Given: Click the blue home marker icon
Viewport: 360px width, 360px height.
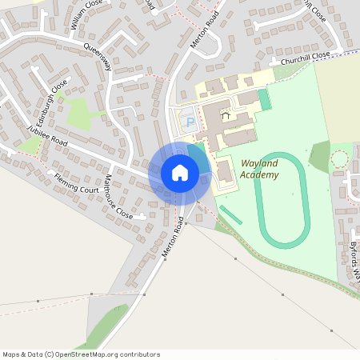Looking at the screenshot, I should (x=179, y=172).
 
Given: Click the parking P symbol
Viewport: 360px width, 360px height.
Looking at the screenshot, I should (x=190, y=122).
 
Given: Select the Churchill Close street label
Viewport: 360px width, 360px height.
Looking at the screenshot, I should (x=300, y=58).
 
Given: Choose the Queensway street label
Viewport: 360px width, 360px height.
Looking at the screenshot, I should (x=97, y=58).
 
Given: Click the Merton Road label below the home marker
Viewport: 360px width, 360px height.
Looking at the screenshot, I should (x=173, y=237).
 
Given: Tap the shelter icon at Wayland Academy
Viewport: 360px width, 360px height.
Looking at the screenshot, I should (x=225, y=116).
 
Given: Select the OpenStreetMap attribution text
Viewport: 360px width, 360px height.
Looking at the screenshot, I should (x=81, y=354).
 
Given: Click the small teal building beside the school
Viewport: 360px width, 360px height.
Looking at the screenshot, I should (x=264, y=100).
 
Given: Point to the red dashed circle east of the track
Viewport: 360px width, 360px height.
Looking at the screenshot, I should (x=340, y=158).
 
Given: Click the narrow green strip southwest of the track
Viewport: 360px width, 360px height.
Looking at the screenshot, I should (x=231, y=215).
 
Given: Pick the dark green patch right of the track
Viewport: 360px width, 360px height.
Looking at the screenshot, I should (x=319, y=156).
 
